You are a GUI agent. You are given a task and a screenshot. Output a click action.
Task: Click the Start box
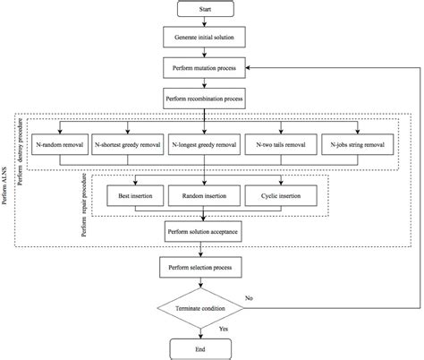pyautogui.click(x=206, y=10)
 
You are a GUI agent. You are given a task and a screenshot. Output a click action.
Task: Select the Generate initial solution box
pyautogui.click(x=206, y=39)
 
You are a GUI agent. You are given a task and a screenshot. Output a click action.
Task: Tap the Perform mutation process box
pyautogui.click(x=206, y=67)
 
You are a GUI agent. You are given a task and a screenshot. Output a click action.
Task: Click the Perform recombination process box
pyautogui.click(x=206, y=95)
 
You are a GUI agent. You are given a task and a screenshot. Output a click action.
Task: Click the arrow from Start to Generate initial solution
pyautogui.click(x=206, y=23)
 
